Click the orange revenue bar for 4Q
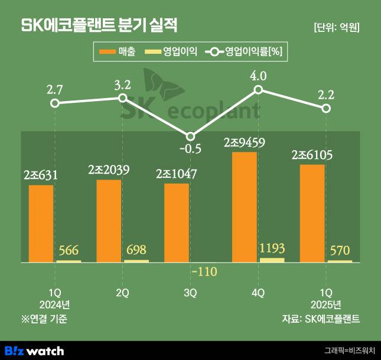click(x=245, y=206)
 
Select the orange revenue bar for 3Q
click(x=177, y=222)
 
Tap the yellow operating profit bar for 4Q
click(x=272, y=260)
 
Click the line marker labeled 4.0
click(x=258, y=90)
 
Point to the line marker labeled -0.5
click(x=190, y=136)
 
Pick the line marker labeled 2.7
click(x=54, y=103)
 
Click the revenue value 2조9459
click(x=245, y=142)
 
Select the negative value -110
click(x=204, y=272)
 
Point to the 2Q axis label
click(x=123, y=293)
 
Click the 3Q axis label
click(x=190, y=293)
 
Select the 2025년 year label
click(x=325, y=305)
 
